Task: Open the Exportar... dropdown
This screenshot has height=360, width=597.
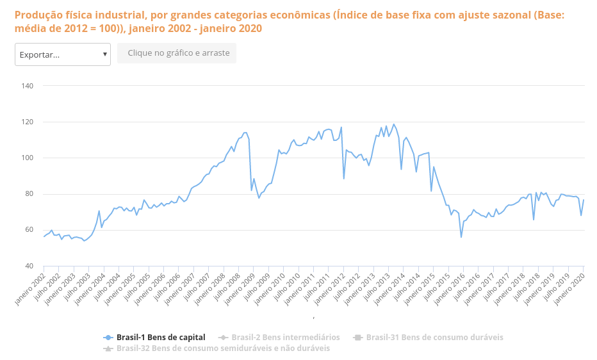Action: tap(63, 54)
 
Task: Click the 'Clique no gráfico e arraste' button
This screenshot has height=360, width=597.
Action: tap(177, 53)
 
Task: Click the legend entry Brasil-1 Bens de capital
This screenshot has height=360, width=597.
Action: tap(160, 337)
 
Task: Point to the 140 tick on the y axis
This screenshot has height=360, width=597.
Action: tap(28, 86)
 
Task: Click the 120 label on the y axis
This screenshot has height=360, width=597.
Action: tap(28, 122)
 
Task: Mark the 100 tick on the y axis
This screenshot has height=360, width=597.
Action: tap(28, 158)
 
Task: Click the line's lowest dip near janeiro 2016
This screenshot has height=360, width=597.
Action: tap(461, 237)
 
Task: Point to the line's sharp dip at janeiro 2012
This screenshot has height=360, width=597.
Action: tap(344, 179)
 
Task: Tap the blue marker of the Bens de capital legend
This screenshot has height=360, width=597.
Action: tap(108, 337)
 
